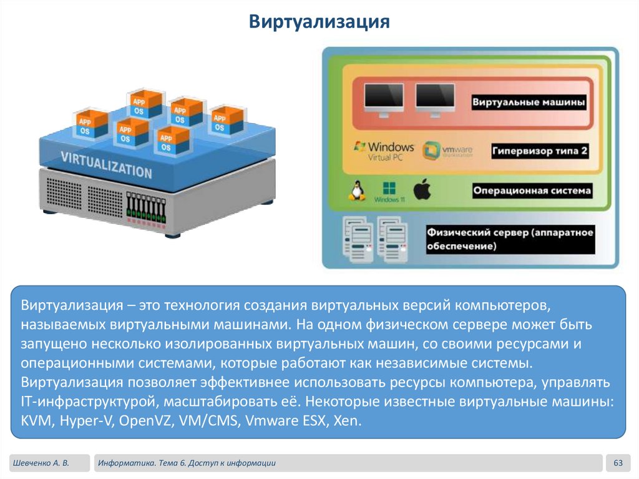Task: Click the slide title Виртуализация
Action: click(319, 22)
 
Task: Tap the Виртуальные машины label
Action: click(528, 101)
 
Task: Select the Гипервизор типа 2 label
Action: click(540, 151)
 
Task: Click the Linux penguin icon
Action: click(357, 190)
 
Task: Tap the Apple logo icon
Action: click(422, 189)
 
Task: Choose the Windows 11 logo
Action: click(389, 190)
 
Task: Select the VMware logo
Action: click(447, 151)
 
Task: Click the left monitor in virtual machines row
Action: click(383, 99)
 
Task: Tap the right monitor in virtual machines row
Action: click(435, 99)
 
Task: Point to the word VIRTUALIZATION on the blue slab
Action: click(106, 163)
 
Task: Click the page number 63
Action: click(618, 463)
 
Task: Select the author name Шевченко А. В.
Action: click(40, 463)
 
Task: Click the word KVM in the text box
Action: click(34, 420)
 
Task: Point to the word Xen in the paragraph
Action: click(346, 420)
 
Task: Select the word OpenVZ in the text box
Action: click(150, 420)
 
